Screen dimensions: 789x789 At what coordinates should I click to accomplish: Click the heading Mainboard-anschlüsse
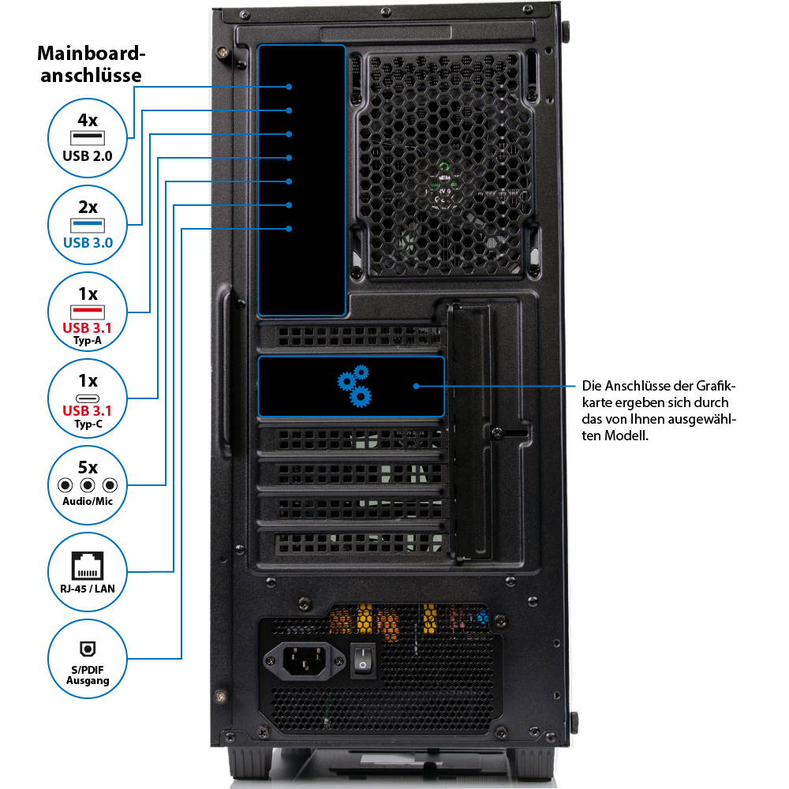tap(92, 65)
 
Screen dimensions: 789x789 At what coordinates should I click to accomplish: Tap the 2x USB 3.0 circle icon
tap(88, 225)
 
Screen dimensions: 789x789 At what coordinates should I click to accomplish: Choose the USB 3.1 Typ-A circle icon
tap(88, 312)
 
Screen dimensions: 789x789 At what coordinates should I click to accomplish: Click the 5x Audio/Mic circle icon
tap(88, 484)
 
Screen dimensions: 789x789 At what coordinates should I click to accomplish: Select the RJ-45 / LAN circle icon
tap(88, 571)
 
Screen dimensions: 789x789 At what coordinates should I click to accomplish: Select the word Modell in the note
tap(627, 435)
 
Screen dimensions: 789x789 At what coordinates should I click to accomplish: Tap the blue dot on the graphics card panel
tap(417, 386)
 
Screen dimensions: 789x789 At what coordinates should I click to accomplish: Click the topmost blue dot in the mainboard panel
tap(290, 87)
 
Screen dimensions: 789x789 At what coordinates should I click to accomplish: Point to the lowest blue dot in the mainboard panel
tap(290, 229)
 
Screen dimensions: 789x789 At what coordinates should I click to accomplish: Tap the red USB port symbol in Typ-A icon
tap(88, 310)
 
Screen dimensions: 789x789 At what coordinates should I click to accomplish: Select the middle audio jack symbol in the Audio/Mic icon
tap(88, 485)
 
